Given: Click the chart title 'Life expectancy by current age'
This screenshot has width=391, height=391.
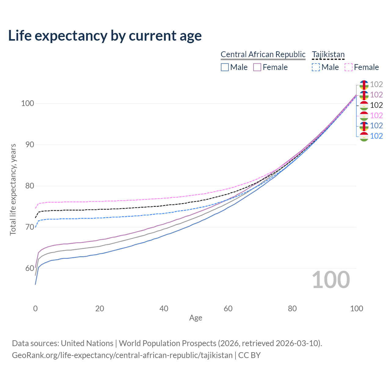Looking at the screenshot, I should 105,36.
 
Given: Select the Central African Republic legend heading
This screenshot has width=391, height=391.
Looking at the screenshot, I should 263,55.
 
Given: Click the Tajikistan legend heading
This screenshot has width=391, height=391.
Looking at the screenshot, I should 328,55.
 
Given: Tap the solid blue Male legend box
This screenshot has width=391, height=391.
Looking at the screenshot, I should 225,67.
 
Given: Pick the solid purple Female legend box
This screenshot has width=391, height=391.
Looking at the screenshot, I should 257,67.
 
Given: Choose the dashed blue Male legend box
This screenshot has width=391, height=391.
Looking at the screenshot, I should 316,67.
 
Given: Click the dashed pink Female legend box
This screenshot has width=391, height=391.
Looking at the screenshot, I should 349,67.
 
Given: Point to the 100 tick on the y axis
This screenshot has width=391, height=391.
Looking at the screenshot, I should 27,103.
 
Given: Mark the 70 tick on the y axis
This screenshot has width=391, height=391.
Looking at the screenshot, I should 29,227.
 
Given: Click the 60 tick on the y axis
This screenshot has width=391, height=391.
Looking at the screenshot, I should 29,268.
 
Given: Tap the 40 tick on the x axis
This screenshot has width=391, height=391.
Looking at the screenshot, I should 164,309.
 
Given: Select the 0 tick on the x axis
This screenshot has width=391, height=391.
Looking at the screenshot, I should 35,309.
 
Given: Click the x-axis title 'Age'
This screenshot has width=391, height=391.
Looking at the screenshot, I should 195,318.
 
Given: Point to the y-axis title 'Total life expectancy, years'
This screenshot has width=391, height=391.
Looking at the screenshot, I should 13,189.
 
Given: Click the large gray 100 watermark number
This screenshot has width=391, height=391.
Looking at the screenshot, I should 331,280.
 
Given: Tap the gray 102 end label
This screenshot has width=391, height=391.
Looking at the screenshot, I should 376,84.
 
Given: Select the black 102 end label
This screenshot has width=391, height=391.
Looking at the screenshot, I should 376,105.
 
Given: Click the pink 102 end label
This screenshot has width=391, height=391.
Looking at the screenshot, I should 376,115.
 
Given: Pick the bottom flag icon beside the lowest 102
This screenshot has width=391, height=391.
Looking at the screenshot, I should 364,136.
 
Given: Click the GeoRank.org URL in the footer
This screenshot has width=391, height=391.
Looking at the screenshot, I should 122,355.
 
